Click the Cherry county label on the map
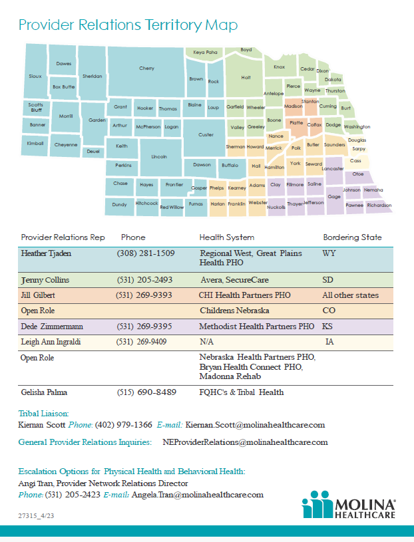point(146,68)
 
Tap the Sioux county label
point(35,76)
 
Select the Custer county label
point(206,134)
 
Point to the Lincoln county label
point(159,157)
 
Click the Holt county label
point(246,77)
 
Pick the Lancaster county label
point(332,169)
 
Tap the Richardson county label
point(379,205)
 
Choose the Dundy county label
point(119,205)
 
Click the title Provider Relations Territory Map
point(128,25)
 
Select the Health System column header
point(226,237)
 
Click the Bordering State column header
point(352,237)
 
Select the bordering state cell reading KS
point(327,327)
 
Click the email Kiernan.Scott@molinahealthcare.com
point(255,424)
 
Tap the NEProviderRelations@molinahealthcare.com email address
point(245,442)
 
